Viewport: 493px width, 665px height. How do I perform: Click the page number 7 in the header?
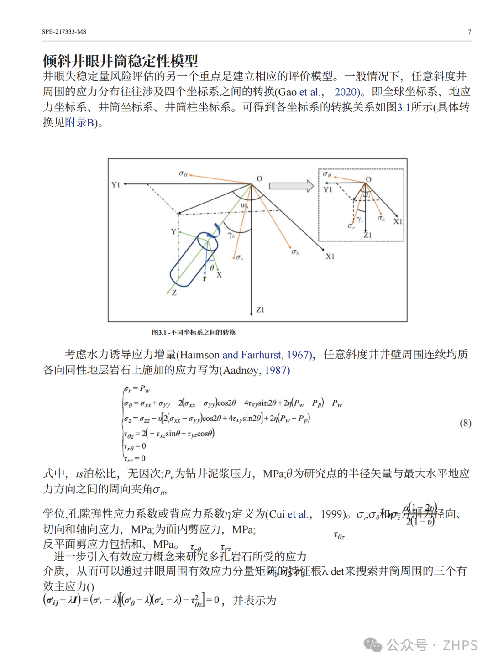click(x=469, y=32)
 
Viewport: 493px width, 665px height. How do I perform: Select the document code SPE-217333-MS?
click(x=64, y=32)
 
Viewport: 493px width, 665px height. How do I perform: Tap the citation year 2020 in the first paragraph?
click(x=346, y=92)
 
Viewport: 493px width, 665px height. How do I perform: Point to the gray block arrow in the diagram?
click(x=291, y=186)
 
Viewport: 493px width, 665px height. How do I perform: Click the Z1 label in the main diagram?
click(x=260, y=310)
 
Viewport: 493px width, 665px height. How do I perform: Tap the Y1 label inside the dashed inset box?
click(x=328, y=189)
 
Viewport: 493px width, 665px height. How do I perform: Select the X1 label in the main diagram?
click(x=330, y=257)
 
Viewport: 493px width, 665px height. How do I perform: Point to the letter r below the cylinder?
click(x=205, y=278)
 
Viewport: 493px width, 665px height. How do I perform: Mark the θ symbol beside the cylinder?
click(x=212, y=267)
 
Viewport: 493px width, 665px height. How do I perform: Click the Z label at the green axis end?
click(x=174, y=293)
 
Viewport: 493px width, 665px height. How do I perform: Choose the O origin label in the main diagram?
click(x=259, y=178)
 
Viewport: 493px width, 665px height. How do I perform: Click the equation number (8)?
click(x=465, y=423)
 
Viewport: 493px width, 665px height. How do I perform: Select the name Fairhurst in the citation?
click(x=261, y=355)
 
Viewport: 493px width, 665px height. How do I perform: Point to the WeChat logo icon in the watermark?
click(x=372, y=645)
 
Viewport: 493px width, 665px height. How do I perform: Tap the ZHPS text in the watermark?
click(x=460, y=645)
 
